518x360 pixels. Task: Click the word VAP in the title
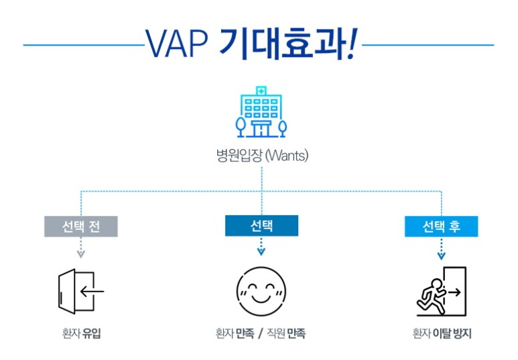(x=177, y=44)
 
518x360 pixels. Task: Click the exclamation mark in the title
(x=352, y=44)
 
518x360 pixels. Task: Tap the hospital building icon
(x=261, y=112)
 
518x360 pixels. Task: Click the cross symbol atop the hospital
(x=261, y=91)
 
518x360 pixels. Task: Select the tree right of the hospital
(x=283, y=128)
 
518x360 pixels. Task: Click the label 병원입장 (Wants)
(x=262, y=155)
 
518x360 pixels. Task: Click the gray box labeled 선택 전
(x=81, y=227)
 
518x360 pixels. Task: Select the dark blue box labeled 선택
(x=261, y=226)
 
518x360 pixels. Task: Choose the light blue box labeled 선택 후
(x=442, y=227)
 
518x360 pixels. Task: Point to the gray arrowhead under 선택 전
(x=81, y=254)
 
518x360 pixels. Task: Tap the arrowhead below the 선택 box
(x=261, y=252)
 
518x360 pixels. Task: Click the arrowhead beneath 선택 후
(x=442, y=255)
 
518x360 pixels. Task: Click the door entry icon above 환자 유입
(x=81, y=291)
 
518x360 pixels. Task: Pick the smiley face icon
(x=261, y=291)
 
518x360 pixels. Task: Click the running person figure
(x=431, y=296)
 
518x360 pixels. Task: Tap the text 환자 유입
(x=81, y=333)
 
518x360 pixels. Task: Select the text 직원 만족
(x=286, y=333)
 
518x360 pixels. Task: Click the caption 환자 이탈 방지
(x=442, y=333)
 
